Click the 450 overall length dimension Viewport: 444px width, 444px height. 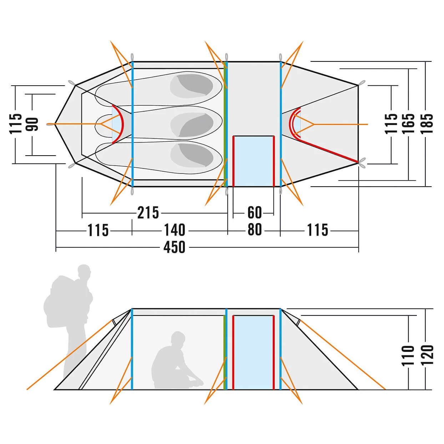click(x=174, y=247)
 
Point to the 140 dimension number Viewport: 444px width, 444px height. click(x=175, y=230)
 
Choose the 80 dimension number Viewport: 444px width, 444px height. click(x=254, y=229)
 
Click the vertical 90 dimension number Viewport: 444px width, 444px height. click(x=32, y=124)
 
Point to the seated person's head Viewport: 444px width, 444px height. click(x=178, y=338)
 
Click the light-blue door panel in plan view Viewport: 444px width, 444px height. click(x=253, y=161)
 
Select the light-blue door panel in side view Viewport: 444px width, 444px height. click(x=253, y=353)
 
